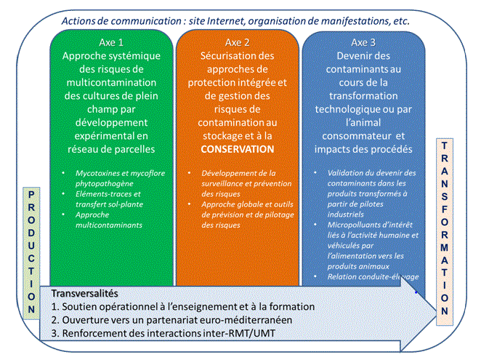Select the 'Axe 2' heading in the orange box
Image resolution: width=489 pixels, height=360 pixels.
238,42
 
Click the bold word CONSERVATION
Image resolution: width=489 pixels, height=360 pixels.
237,148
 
